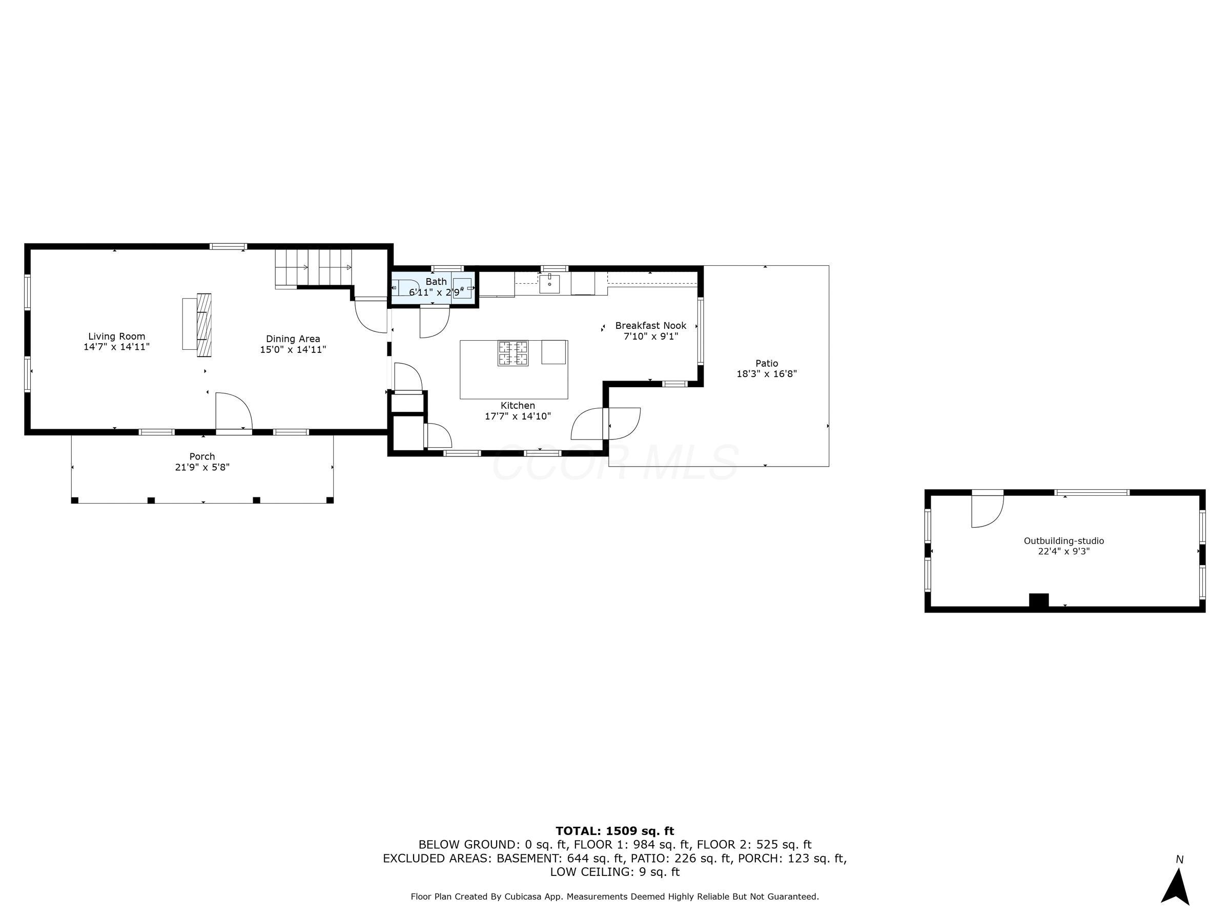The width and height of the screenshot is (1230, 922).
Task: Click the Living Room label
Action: coord(116,336)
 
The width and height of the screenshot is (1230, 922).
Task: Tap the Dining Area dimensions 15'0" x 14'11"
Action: coord(293,349)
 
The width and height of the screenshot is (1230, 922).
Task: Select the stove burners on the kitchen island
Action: coord(512,353)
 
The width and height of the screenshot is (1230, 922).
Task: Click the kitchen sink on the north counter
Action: coord(549,283)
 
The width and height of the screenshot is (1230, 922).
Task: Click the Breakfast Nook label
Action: coord(650,326)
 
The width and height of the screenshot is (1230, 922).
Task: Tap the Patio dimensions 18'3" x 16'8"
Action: coord(766,374)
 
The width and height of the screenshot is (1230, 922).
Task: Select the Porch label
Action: coord(202,456)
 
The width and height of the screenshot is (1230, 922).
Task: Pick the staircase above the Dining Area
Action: coord(314,268)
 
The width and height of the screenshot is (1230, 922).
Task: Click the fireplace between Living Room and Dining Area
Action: coord(203,325)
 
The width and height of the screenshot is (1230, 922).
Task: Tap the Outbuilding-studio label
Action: coord(1063,541)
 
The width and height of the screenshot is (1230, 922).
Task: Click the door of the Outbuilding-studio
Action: coord(987,509)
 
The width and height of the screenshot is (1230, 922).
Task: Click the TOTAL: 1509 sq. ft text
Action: coord(614,831)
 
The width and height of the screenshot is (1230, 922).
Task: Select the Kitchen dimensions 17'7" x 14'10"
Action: coord(517,416)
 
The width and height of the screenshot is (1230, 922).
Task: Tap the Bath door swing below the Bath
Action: coord(434,322)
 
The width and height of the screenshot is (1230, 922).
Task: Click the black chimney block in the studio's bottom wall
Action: coord(1038,601)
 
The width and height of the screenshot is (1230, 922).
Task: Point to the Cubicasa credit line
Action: coord(614,896)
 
